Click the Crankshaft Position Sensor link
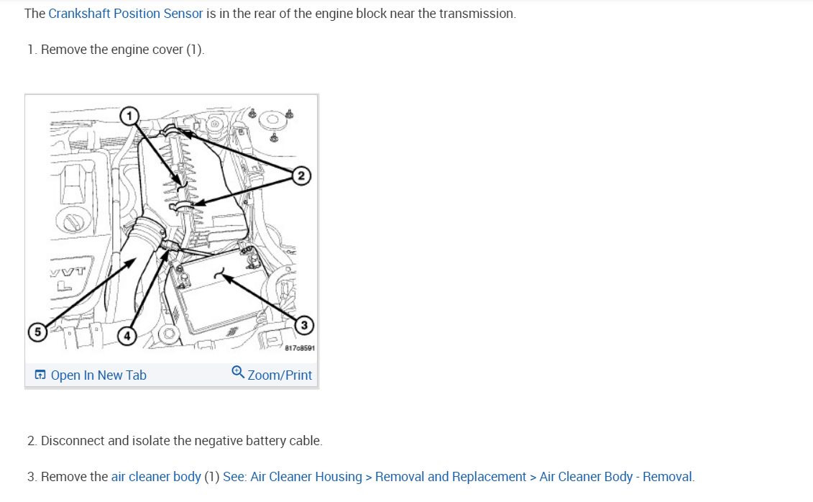tap(126, 14)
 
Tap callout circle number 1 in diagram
tap(128, 116)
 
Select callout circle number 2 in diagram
tap(302, 175)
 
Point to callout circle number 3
tap(304, 326)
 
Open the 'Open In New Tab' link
tap(98, 375)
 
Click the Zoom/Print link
tap(280, 375)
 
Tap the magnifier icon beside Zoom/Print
tap(238, 373)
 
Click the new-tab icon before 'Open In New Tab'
tap(40, 375)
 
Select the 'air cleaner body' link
tap(156, 477)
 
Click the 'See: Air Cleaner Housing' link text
tap(293, 477)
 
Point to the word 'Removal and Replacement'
tap(451, 477)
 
